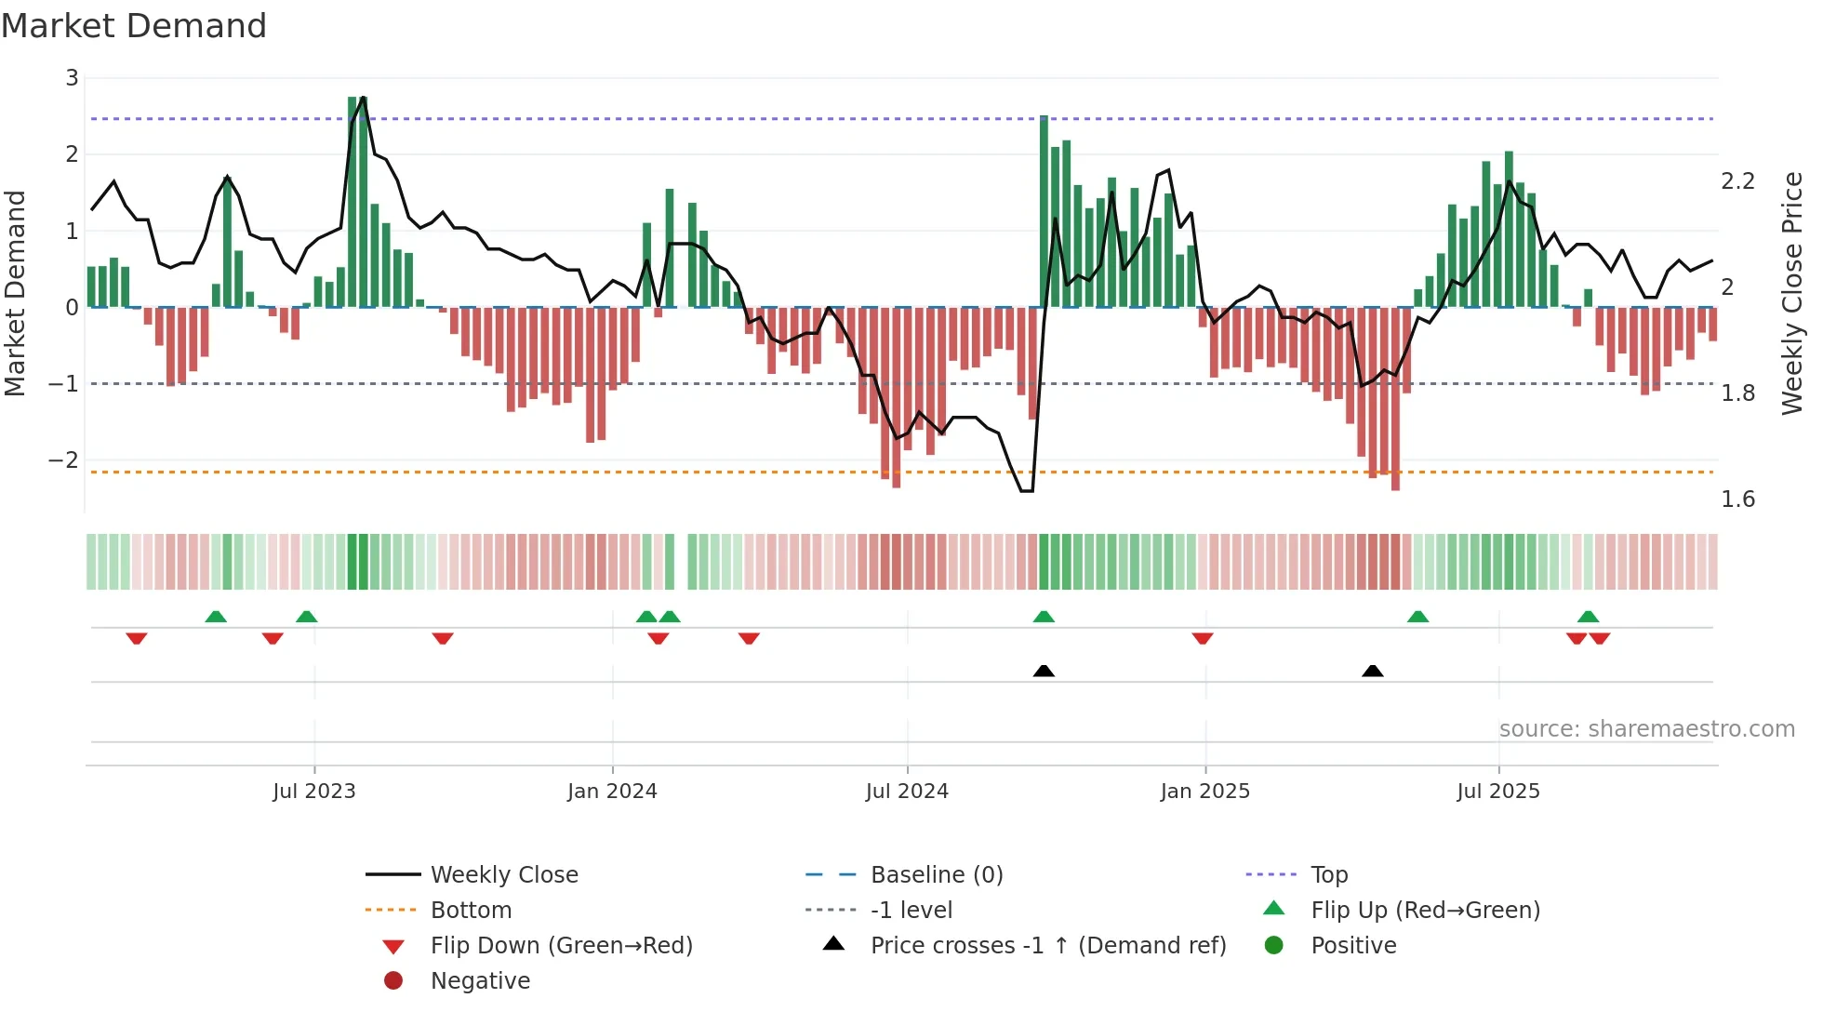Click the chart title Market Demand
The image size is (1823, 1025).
point(134,26)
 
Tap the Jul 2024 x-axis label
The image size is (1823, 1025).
point(907,791)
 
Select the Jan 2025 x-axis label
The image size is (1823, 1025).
point(1204,791)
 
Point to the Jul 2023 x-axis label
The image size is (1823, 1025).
point(314,791)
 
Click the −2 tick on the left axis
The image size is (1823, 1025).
point(63,459)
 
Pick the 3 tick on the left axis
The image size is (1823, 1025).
point(72,78)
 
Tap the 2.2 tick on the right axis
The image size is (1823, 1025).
point(1737,181)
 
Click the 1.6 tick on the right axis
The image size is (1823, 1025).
point(1737,499)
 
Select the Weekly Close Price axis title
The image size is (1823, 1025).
point(1792,293)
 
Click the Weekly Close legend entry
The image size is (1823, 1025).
point(503,874)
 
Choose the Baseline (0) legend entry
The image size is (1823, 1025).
point(936,874)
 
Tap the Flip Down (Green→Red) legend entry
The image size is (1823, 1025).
point(561,945)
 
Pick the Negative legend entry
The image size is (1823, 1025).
point(480,980)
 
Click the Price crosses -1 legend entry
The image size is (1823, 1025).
point(1047,945)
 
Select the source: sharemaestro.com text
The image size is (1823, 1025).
point(1646,728)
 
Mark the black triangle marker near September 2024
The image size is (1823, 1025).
point(1044,671)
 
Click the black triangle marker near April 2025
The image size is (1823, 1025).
point(1372,671)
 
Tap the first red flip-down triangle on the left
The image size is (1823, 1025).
point(137,638)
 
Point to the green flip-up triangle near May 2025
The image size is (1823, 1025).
point(1417,617)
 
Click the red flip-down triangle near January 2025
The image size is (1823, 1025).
point(1202,638)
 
